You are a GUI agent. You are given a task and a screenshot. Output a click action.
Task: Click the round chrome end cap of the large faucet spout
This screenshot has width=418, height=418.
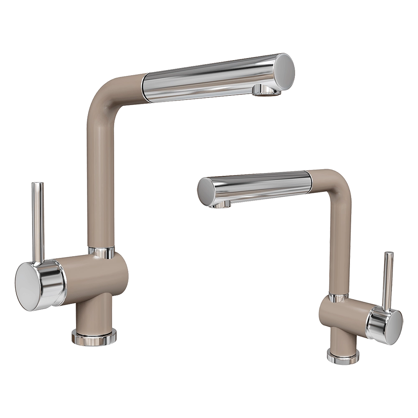285,69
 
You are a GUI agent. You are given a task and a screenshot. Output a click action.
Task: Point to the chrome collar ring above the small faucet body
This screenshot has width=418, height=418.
338,298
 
